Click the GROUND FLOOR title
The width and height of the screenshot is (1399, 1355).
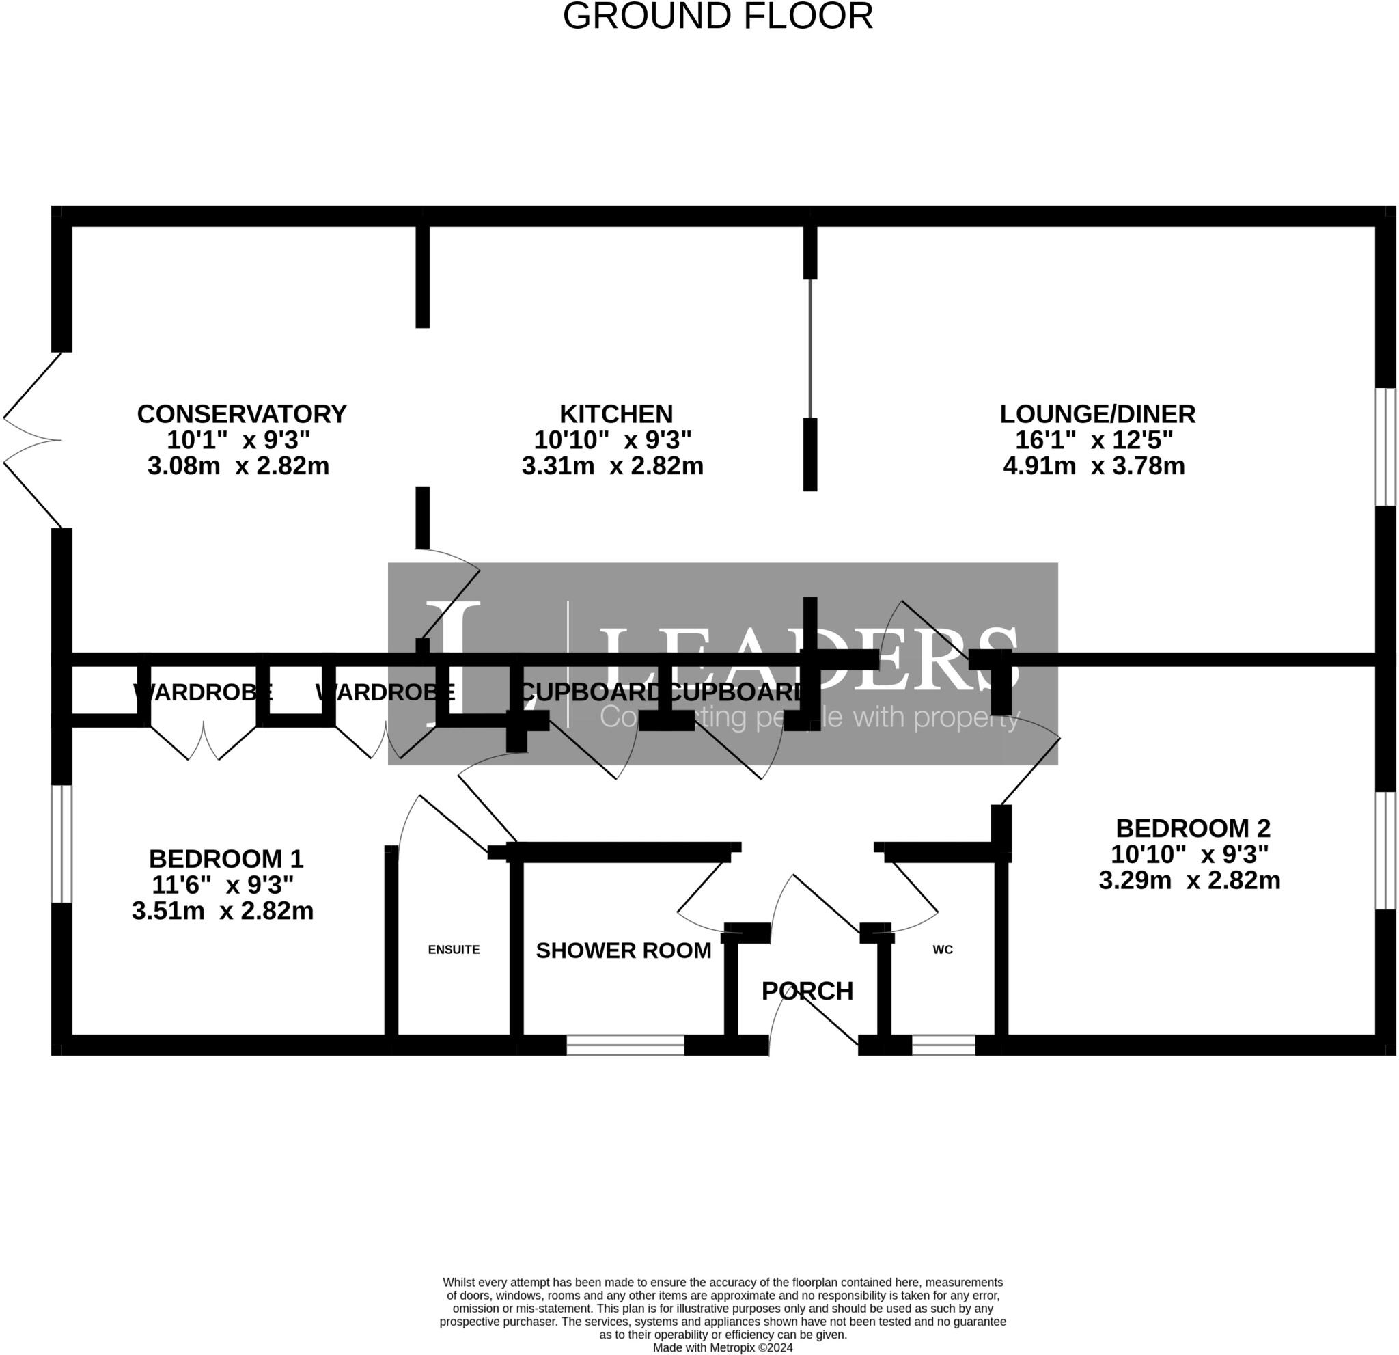717,16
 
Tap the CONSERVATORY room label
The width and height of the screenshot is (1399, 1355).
241,414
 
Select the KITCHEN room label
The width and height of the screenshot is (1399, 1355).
615,414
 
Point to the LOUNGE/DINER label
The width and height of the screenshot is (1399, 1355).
1097,414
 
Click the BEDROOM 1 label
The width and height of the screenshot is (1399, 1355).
225,858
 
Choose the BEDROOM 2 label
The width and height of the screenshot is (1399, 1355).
1193,828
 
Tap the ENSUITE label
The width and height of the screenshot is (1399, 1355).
454,950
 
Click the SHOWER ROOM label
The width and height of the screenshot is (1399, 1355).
623,951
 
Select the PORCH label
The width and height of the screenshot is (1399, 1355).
807,991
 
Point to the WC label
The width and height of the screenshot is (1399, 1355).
942,950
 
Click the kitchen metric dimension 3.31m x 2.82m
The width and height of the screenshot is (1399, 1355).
613,466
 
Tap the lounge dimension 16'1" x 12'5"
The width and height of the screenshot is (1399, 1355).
1094,440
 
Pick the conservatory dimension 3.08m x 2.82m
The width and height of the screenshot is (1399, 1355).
238,466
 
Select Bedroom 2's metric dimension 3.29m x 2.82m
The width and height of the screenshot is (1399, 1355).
1189,880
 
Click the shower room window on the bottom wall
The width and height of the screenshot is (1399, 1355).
625,1045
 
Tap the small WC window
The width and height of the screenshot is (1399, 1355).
943,1045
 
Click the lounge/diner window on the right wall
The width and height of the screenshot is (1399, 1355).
1385,447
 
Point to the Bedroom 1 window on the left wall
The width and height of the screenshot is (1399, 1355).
62,844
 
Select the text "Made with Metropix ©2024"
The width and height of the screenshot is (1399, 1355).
722,1348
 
